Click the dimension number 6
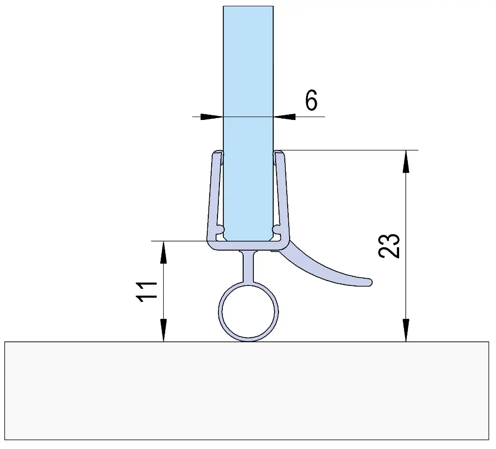311,101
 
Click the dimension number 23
389,246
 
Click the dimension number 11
147,291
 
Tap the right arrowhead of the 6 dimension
285,117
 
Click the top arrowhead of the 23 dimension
406,161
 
